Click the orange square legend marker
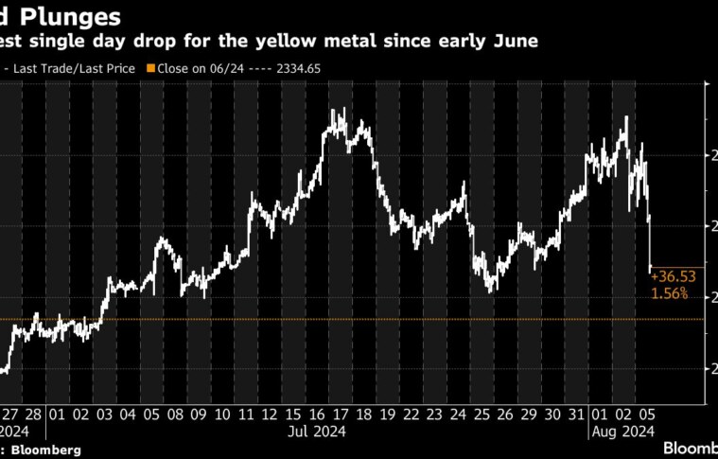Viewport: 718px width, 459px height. tap(150, 68)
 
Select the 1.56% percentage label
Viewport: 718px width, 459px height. tap(669, 294)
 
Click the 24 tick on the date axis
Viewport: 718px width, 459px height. tap(458, 414)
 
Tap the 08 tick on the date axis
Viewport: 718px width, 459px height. tap(175, 414)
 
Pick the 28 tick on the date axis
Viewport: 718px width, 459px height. tap(33, 414)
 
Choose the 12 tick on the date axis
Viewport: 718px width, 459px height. tap(270, 414)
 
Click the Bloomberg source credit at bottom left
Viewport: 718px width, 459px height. tap(45, 450)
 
